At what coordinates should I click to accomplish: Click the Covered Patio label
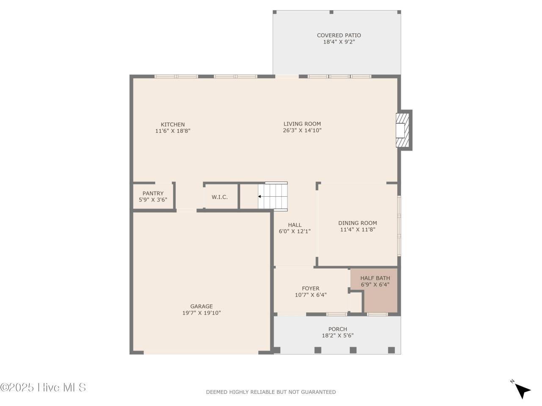(339, 36)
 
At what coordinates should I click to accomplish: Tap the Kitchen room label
(173, 124)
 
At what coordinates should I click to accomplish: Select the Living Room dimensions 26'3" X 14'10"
(302, 131)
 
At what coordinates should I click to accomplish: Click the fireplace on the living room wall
(403, 130)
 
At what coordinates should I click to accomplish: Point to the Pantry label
(153, 193)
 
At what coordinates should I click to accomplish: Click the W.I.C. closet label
(220, 197)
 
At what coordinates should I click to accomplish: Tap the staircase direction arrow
(260, 197)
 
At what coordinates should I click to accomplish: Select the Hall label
(295, 225)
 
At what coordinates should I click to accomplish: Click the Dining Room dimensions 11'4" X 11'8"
(357, 230)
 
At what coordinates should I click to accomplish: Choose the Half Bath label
(375, 278)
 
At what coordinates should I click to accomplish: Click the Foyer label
(310, 288)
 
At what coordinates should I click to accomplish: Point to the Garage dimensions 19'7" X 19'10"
(201, 313)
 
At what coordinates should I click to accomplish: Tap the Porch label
(337, 329)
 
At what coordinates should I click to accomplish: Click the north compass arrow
(523, 390)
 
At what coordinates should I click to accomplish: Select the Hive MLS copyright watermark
(43, 387)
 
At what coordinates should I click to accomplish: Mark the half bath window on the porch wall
(377, 314)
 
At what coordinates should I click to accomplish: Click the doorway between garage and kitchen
(186, 210)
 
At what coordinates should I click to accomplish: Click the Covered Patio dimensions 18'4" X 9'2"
(339, 42)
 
